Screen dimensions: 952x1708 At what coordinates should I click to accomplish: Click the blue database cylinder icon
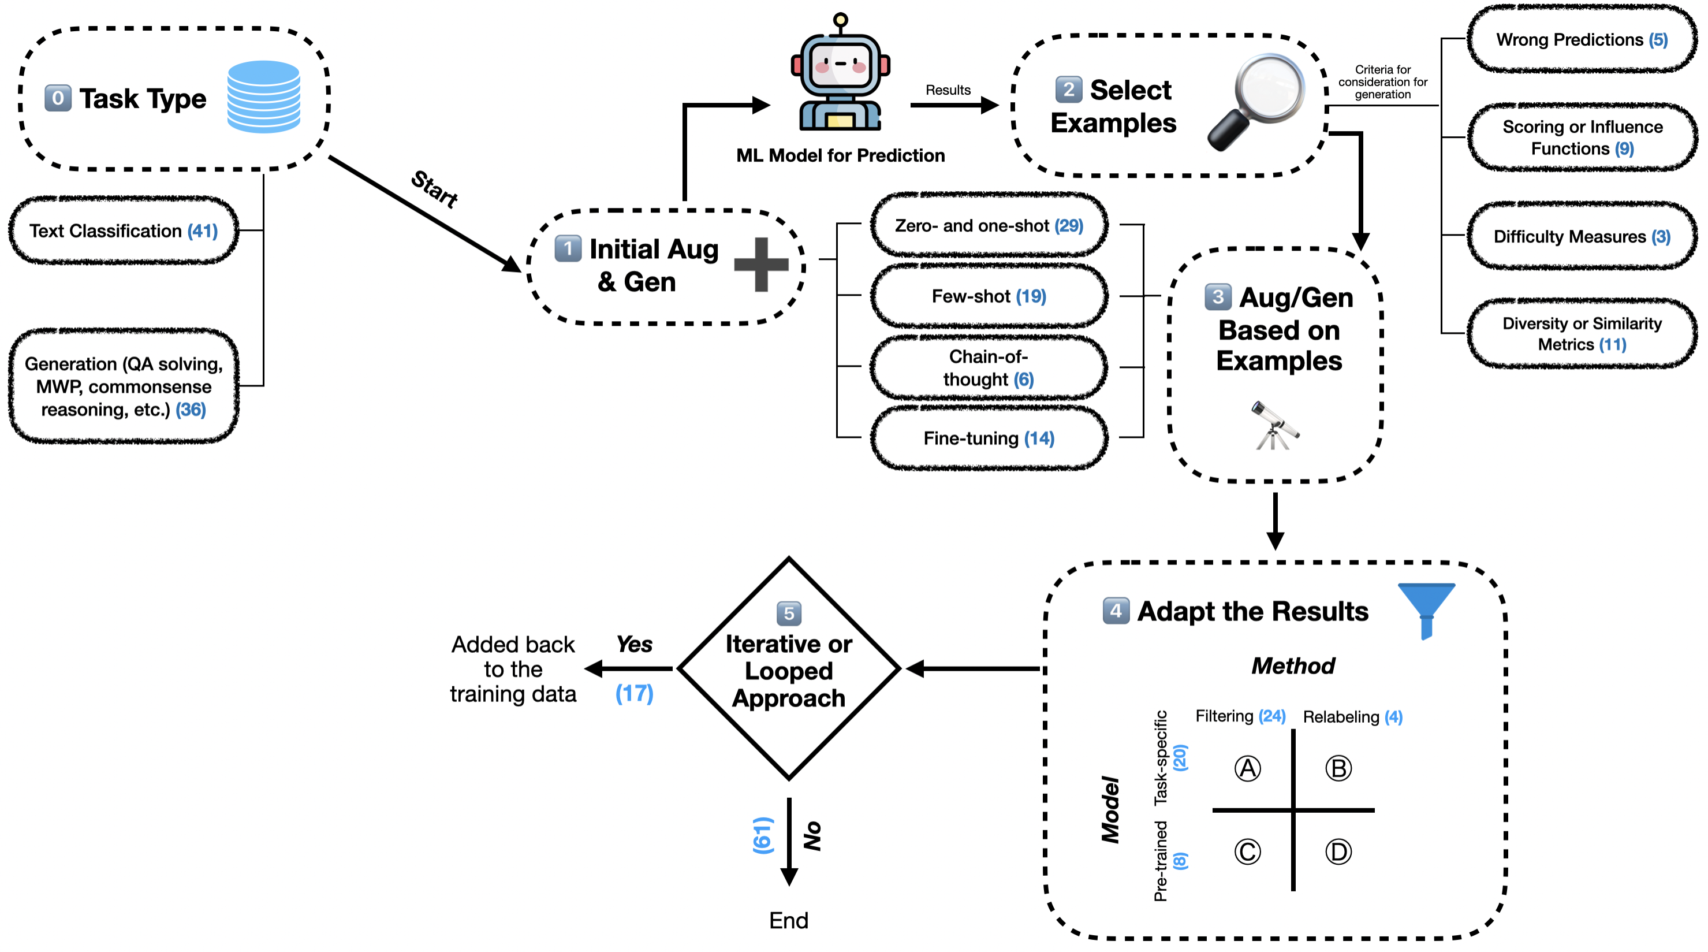[263, 97]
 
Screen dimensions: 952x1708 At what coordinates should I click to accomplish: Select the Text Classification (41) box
[124, 231]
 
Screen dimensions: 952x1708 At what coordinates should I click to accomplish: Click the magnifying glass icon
[1255, 101]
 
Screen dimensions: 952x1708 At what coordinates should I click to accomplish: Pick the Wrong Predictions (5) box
[1582, 40]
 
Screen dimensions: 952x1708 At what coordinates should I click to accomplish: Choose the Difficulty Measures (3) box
[1582, 237]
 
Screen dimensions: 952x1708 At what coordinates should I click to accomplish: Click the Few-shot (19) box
[989, 296]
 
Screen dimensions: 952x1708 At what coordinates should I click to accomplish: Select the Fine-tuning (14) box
[989, 438]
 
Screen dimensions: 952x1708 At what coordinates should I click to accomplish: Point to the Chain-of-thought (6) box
[989, 367]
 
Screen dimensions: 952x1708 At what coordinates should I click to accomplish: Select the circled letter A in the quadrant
[1247, 769]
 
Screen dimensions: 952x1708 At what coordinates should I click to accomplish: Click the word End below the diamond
[788, 920]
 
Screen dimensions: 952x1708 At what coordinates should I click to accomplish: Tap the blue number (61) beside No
[763, 835]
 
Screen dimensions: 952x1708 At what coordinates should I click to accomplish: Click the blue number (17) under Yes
[634, 694]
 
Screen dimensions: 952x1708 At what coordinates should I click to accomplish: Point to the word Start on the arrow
[434, 189]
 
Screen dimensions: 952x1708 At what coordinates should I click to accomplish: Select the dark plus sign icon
[761, 265]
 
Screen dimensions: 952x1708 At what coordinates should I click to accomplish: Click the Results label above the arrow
[948, 90]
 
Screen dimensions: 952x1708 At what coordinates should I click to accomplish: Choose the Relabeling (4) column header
[1353, 717]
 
